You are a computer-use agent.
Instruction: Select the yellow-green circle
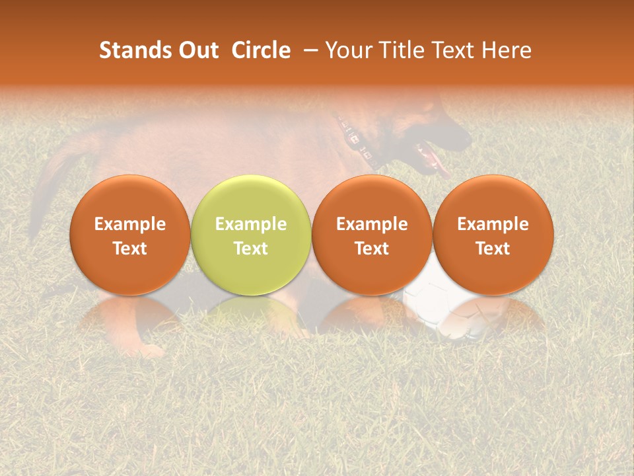click(251, 235)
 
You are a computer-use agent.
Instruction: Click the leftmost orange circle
click(129, 235)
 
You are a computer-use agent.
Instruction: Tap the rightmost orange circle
click(493, 235)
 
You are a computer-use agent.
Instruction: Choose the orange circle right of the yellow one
click(372, 235)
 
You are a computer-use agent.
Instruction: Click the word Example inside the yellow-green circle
click(251, 224)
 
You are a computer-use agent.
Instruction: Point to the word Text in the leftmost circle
click(129, 249)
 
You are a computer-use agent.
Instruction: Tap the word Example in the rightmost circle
click(493, 224)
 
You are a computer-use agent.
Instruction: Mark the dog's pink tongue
click(433, 159)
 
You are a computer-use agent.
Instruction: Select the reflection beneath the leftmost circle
click(129, 314)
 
